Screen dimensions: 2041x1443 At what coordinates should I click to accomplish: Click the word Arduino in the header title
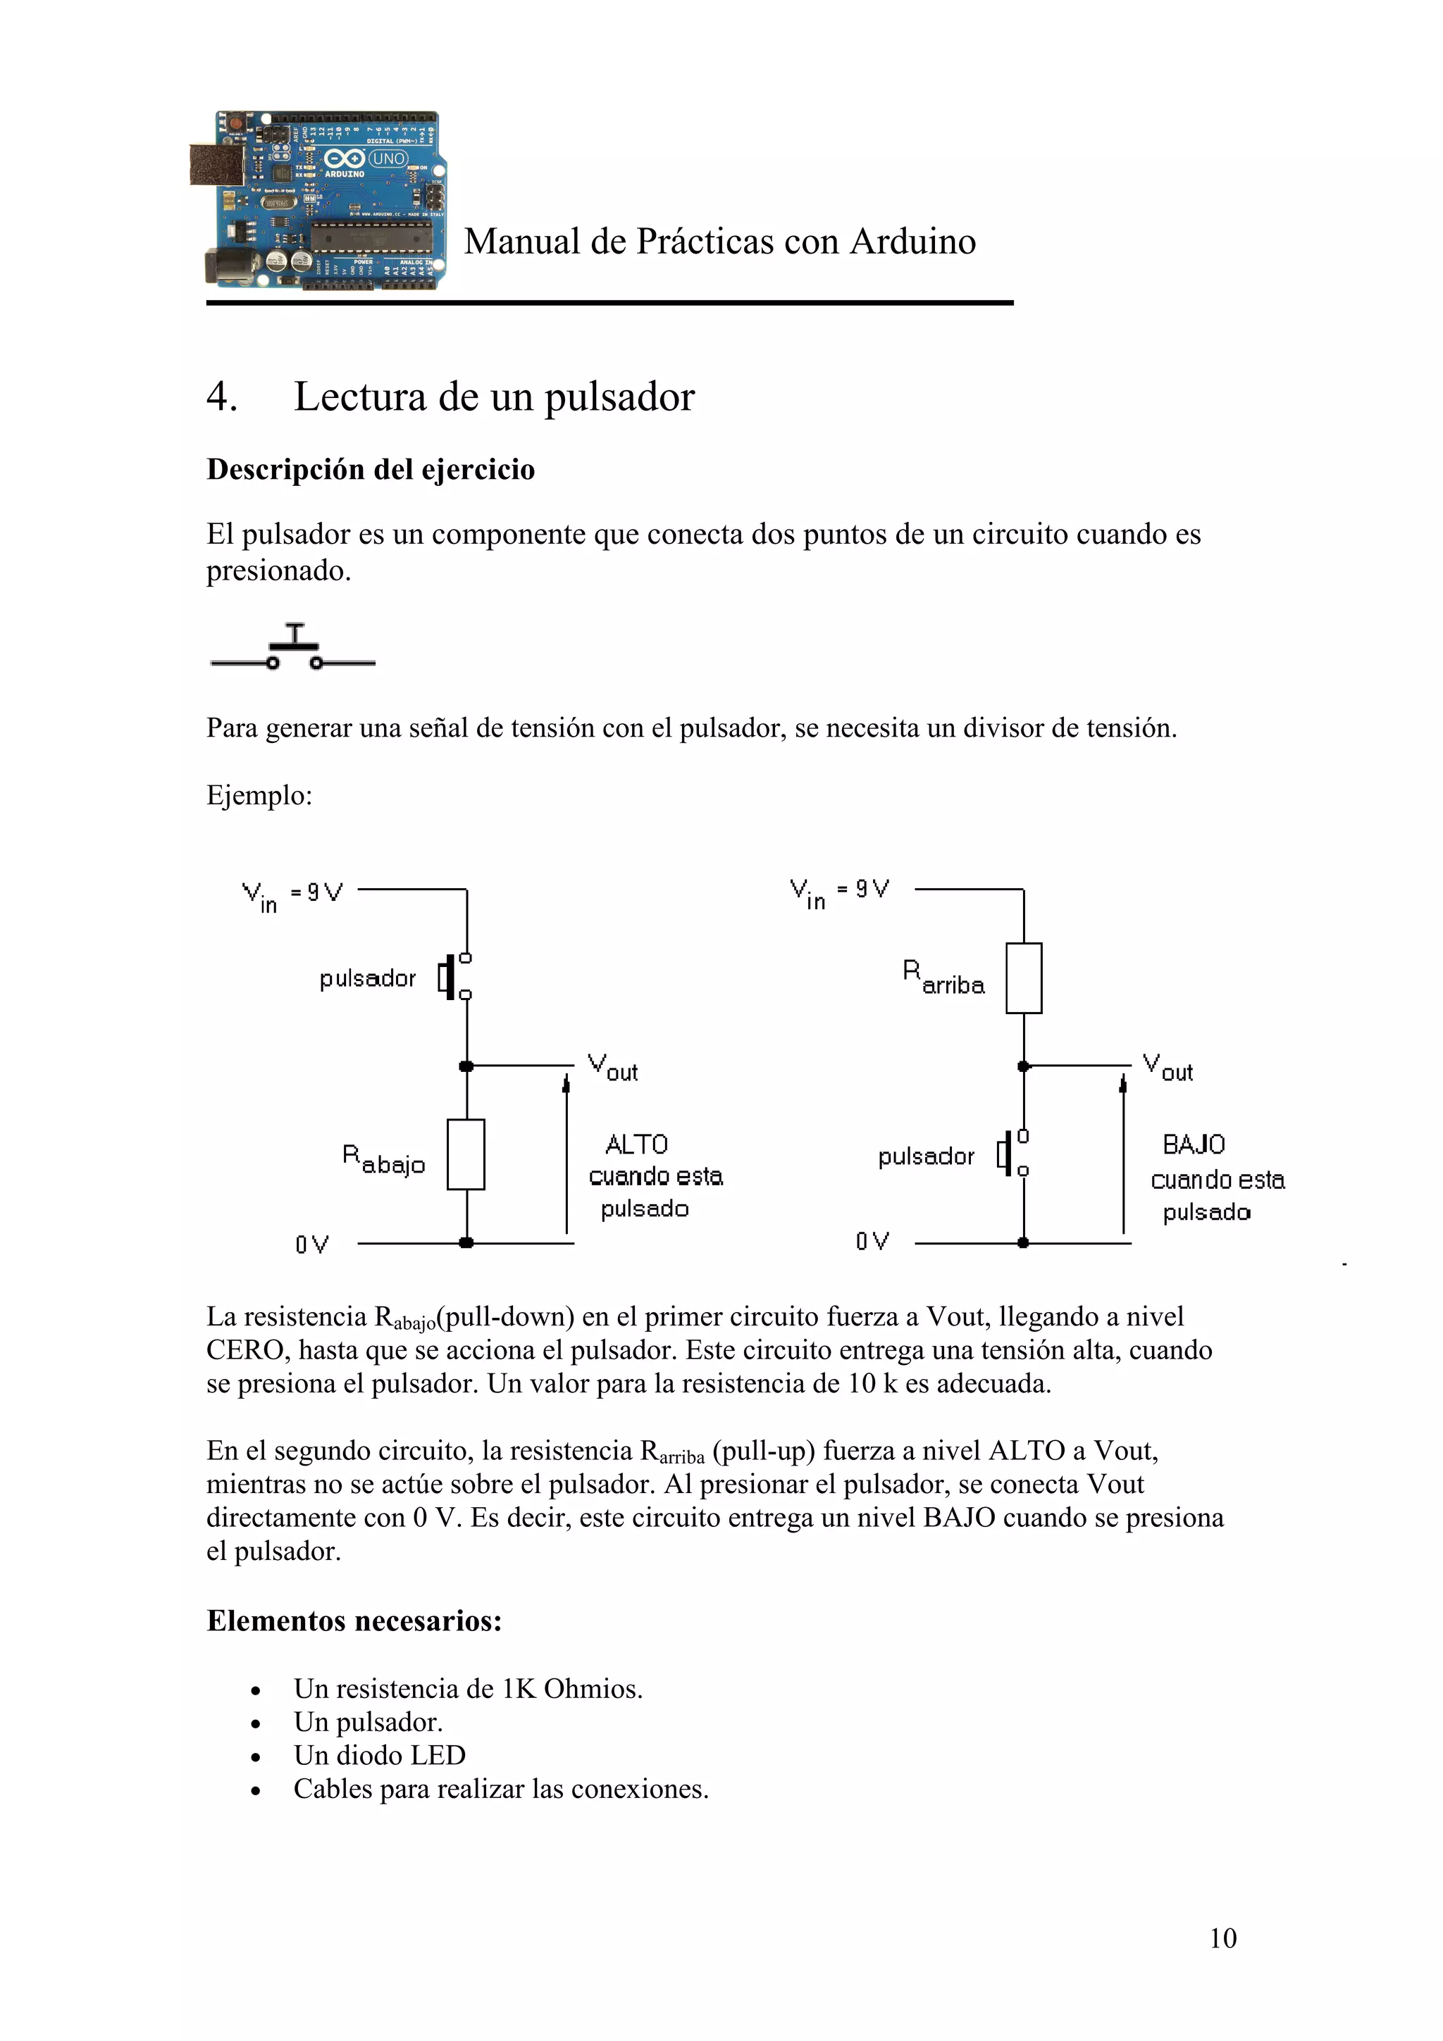912,242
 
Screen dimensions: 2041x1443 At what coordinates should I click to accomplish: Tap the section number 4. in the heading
221,397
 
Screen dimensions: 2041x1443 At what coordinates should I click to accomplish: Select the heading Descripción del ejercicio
370,469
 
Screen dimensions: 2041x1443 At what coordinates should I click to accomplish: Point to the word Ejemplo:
259,794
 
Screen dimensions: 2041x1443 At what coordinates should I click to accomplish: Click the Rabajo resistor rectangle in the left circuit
465,1154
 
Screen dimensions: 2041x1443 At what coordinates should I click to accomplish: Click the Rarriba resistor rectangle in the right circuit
1023,978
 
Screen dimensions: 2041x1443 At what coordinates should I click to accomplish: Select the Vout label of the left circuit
612,1068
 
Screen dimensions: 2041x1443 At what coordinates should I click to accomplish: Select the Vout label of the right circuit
1168,1068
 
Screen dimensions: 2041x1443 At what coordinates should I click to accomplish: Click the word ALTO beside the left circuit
636,1144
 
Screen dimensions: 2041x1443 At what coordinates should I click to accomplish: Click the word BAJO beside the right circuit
1193,1144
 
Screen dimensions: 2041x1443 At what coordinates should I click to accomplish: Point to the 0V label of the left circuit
312,1244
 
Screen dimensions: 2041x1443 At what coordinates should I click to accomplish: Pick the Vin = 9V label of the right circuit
838,892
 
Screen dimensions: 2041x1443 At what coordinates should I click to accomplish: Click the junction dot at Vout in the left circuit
466,1066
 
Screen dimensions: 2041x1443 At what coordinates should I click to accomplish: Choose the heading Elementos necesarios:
354,1621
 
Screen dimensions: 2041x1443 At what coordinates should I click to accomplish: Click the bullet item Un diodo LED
380,1755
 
